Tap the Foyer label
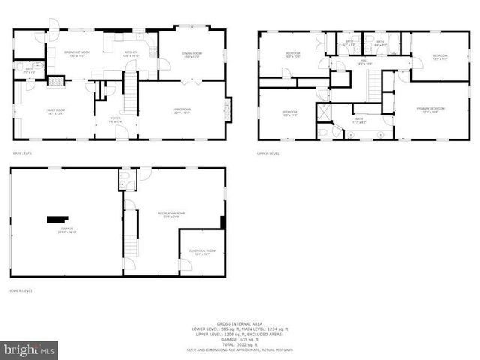[x=115, y=119]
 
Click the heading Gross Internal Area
[x=240, y=319]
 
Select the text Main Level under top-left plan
[x=21, y=153]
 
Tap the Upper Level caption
[x=268, y=153]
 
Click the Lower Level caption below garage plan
[x=20, y=289]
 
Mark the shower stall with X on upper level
[x=324, y=111]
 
